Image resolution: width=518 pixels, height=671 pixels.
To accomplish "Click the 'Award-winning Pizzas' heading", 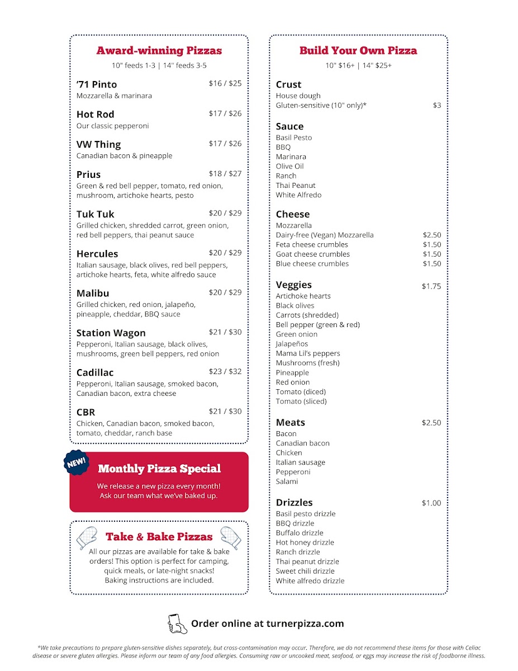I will pyautogui.click(x=159, y=51).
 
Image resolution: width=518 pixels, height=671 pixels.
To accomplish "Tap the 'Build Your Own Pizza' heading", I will pyautogui.click(x=358, y=51).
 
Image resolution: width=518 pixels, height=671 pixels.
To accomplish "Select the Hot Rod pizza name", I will pyautogui.click(x=96, y=115).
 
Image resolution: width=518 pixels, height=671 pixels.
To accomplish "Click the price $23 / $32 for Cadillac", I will pyautogui.click(x=225, y=371).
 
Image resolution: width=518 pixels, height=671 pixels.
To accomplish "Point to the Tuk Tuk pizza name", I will pyautogui.click(x=96, y=214).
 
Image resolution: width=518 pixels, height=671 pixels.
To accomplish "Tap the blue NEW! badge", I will pyautogui.click(x=77, y=462).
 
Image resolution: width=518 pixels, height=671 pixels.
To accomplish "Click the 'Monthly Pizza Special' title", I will pyautogui.click(x=159, y=469).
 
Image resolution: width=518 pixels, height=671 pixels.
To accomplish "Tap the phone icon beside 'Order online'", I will pyautogui.click(x=177, y=623).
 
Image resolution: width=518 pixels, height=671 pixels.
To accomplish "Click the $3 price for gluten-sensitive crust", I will pyautogui.click(x=437, y=105).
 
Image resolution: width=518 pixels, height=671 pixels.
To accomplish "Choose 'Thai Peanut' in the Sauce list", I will pyautogui.click(x=296, y=186).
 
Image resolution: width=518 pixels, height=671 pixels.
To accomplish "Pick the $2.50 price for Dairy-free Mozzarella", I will pyautogui.click(x=432, y=235).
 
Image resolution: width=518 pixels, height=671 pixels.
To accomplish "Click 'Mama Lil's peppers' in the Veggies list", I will pyautogui.click(x=308, y=353).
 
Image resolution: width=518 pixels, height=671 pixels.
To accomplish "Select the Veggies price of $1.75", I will pyautogui.click(x=431, y=286).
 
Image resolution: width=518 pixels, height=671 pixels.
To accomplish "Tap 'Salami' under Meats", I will pyautogui.click(x=287, y=481).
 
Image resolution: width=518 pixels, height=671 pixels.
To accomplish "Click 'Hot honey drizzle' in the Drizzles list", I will pyautogui.click(x=305, y=542).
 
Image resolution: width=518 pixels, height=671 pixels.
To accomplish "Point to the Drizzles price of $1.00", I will pyautogui.click(x=431, y=503).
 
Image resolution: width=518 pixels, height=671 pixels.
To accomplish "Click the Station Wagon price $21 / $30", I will pyautogui.click(x=225, y=332).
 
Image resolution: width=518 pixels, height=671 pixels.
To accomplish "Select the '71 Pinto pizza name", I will pyautogui.click(x=97, y=84).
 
